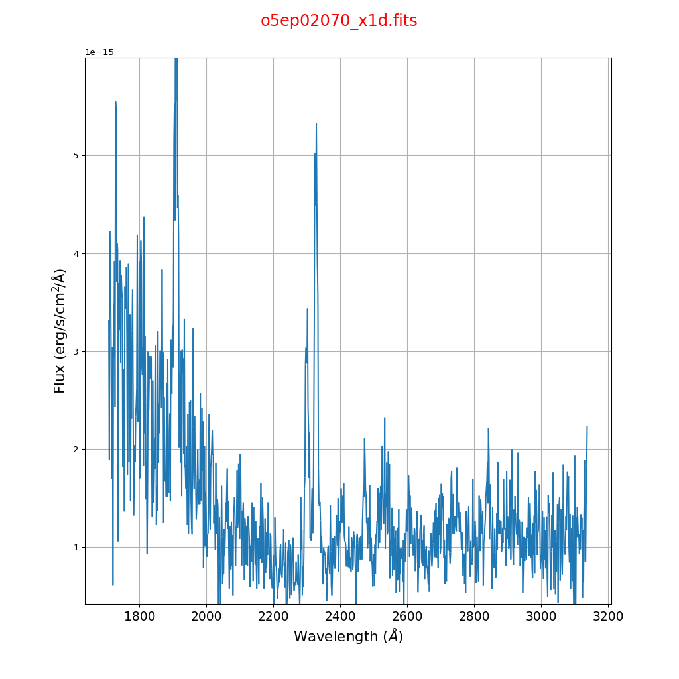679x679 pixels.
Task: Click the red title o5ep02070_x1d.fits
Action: pos(339,21)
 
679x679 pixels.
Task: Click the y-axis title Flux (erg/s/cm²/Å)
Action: pos(60,331)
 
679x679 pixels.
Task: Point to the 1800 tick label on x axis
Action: pos(139,616)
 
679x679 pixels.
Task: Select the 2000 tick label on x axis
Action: pos(206,616)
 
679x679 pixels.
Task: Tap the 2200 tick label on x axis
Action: pos(273,616)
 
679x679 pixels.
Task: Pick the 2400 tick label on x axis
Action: pos(340,616)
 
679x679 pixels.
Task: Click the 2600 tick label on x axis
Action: pos(407,616)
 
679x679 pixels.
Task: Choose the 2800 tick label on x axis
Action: pos(474,616)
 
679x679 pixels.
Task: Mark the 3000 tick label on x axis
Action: pos(541,616)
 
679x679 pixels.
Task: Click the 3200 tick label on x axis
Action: pos(608,616)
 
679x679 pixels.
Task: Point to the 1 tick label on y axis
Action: pos(75,548)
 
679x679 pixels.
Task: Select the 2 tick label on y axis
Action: pos(75,450)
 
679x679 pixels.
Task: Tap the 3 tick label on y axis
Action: pos(75,351)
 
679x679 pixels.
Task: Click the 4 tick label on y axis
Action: pos(75,253)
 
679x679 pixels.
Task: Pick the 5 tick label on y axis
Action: pos(75,156)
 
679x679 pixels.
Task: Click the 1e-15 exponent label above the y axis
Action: pos(99,52)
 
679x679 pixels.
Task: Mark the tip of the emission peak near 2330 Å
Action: pos(316,123)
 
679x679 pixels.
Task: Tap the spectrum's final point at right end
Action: pos(587,427)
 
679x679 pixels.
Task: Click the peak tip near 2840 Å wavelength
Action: pos(489,428)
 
